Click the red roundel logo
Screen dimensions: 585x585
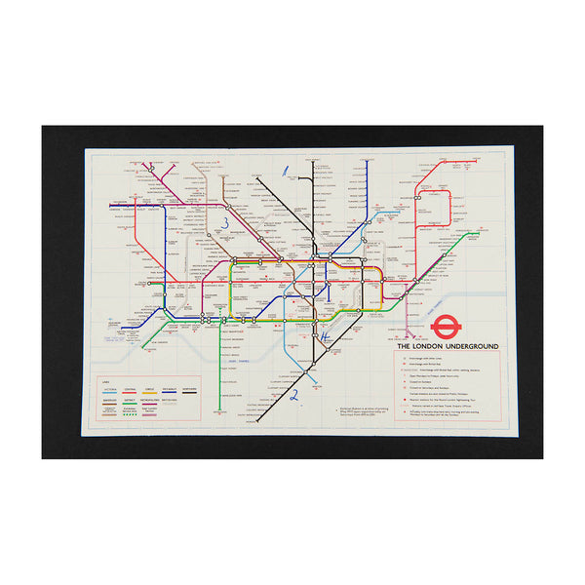(x=472, y=326)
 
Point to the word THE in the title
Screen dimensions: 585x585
(x=404, y=346)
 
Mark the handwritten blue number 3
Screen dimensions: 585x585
(x=226, y=223)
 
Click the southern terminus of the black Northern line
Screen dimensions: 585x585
(x=256, y=422)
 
